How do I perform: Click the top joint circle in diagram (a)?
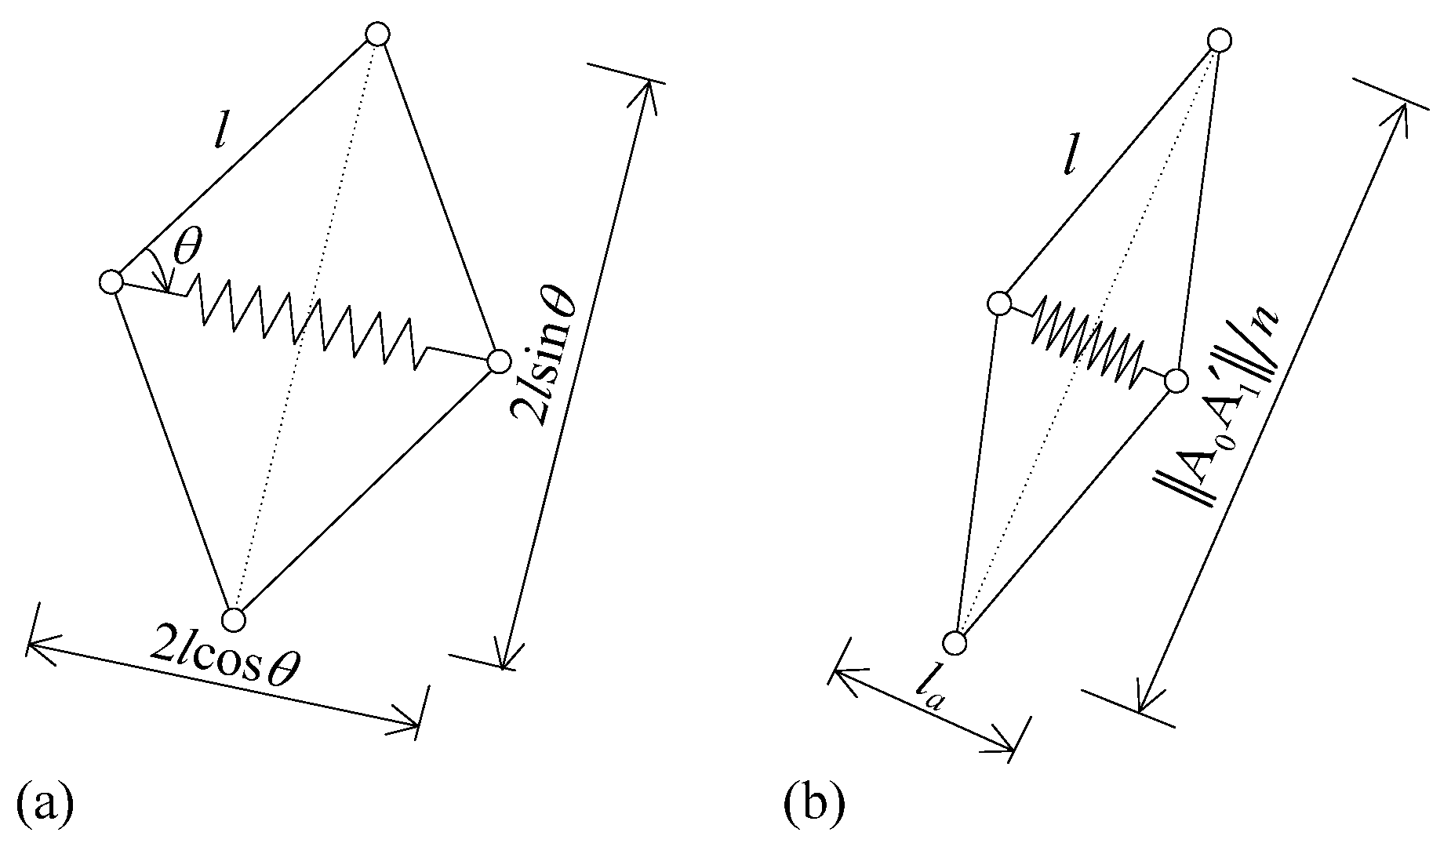pyautogui.click(x=378, y=35)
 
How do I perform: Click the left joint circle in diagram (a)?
pyautogui.click(x=112, y=282)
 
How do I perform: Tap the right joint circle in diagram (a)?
pyautogui.click(x=498, y=362)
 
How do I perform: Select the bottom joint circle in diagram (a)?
pyautogui.click(x=233, y=620)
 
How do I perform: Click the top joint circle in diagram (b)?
pyautogui.click(x=1219, y=40)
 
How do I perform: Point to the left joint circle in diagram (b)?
pyautogui.click(x=998, y=303)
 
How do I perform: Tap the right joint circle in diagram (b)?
pyautogui.click(x=1175, y=381)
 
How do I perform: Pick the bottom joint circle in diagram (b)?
pyautogui.click(x=955, y=643)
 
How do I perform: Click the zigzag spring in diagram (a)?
pyautogui.click(x=306, y=322)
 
